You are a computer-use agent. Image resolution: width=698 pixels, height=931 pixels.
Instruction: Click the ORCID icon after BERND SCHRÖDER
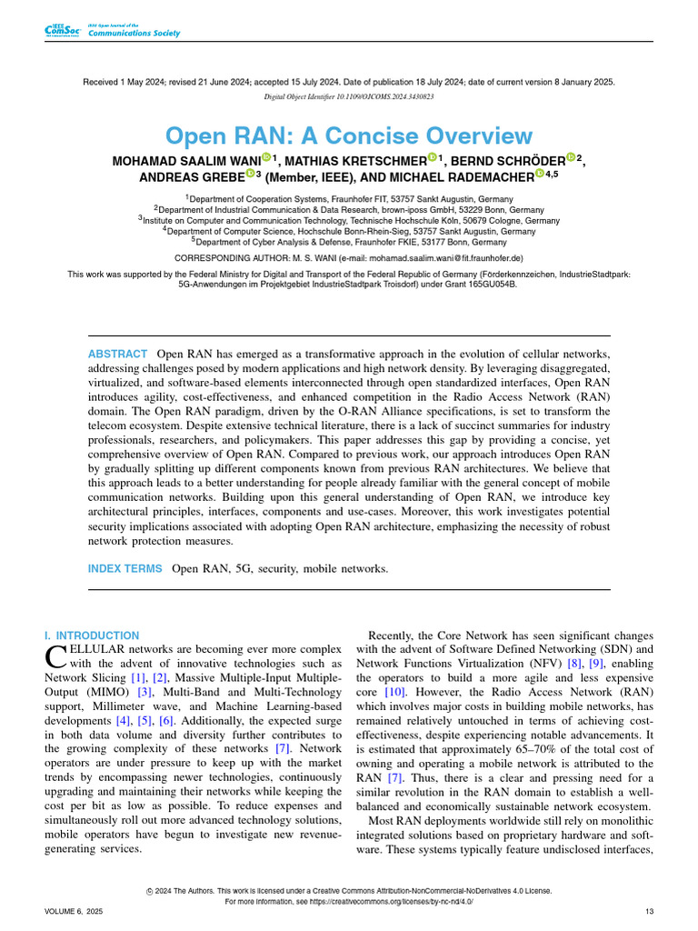pyautogui.click(x=571, y=158)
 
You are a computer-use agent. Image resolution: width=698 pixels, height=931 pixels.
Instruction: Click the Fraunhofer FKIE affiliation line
pyautogui.click(x=349, y=243)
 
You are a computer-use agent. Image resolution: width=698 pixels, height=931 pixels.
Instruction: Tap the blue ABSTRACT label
pyautogui.click(x=117, y=354)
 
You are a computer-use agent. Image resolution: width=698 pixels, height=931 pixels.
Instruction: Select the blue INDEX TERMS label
pyautogui.click(x=125, y=568)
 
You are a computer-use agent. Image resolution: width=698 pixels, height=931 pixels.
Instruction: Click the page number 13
pyautogui.click(x=648, y=911)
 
